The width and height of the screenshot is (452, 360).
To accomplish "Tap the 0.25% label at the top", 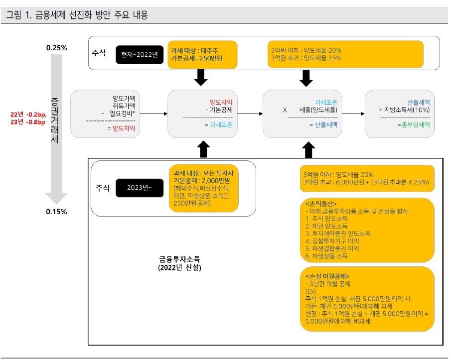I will pos(57,48).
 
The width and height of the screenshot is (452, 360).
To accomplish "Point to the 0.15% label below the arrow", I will pos(57,211).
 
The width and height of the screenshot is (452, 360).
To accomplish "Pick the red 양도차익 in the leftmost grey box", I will pos(124,128).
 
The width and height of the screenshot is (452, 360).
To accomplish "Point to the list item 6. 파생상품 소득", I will pos(326,256).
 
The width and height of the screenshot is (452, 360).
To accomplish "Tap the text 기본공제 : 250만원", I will pos(196,58).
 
